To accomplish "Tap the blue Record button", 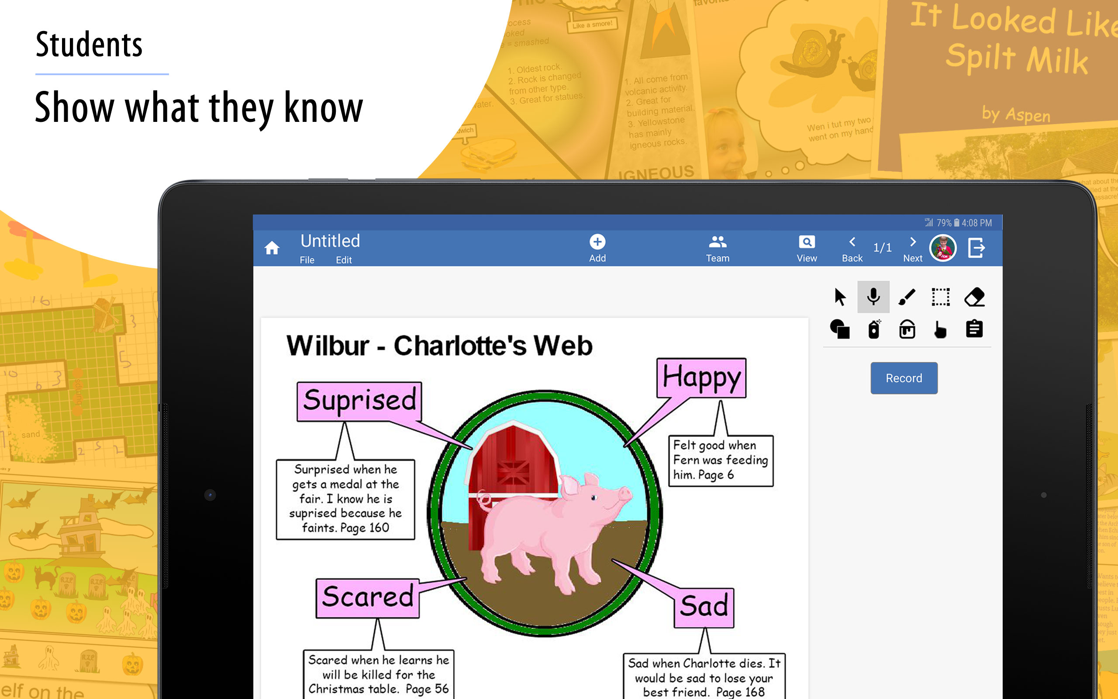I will (x=904, y=378).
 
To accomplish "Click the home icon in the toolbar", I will (x=272, y=248).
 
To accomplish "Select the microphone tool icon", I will (x=873, y=297).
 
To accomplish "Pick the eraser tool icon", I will (x=974, y=297).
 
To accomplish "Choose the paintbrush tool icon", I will (x=907, y=297).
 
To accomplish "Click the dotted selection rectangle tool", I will (x=940, y=297).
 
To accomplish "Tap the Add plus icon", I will (x=597, y=242).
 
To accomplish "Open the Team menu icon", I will (x=718, y=242).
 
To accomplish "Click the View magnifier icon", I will (x=807, y=242).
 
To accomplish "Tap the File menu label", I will (x=307, y=260).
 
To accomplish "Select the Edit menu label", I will (x=344, y=260).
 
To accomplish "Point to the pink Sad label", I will (x=704, y=606).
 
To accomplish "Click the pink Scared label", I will (x=368, y=597).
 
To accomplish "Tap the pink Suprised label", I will (x=359, y=400).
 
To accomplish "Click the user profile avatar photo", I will (x=942, y=248).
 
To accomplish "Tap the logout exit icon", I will (x=976, y=248).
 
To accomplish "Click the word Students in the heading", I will (x=89, y=45).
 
